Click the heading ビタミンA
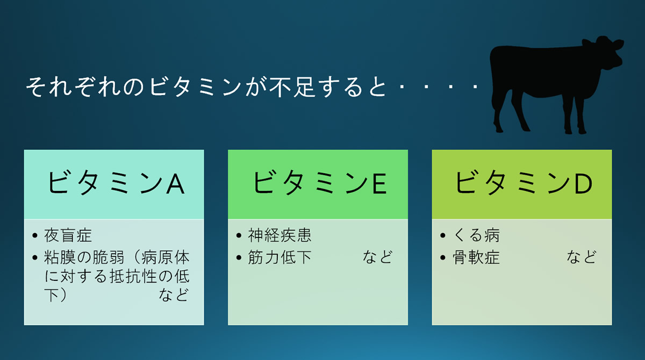click(x=116, y=183)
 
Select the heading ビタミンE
click(x=319, y=183)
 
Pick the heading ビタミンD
click(x=523, y=183)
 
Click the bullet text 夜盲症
click(x=68, y=235)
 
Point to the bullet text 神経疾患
click(x=279, y=235)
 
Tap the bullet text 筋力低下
click(x=279, y=257)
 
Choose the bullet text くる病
click(x=476, y=235)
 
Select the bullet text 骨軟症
click(x=476, y=257)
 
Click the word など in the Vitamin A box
click(x=174, y=294)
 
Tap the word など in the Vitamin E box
click(x=377, y=257)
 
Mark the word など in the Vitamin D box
click(x=582, y=257)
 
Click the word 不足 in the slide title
click(x=291, y=87)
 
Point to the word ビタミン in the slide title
click(x=195, y=87)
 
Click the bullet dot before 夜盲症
click(x=35, y=236)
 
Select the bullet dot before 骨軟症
click(x=443, y=257)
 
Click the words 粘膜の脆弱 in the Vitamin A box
click(x=84, y=257)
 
